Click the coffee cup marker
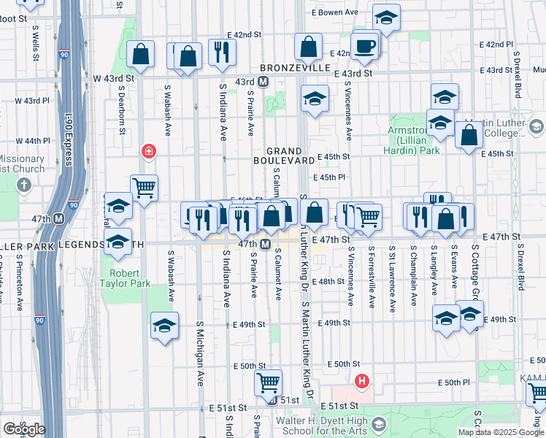364,45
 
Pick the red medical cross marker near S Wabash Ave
148,151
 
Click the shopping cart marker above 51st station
269,381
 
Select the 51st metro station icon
272,400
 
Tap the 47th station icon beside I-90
58,218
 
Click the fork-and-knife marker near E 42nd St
220,51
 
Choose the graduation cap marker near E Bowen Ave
385,16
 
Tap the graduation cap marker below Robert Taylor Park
165,325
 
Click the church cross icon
23,184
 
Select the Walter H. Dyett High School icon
378,424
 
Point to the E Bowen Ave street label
337,12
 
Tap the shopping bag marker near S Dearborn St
140,54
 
